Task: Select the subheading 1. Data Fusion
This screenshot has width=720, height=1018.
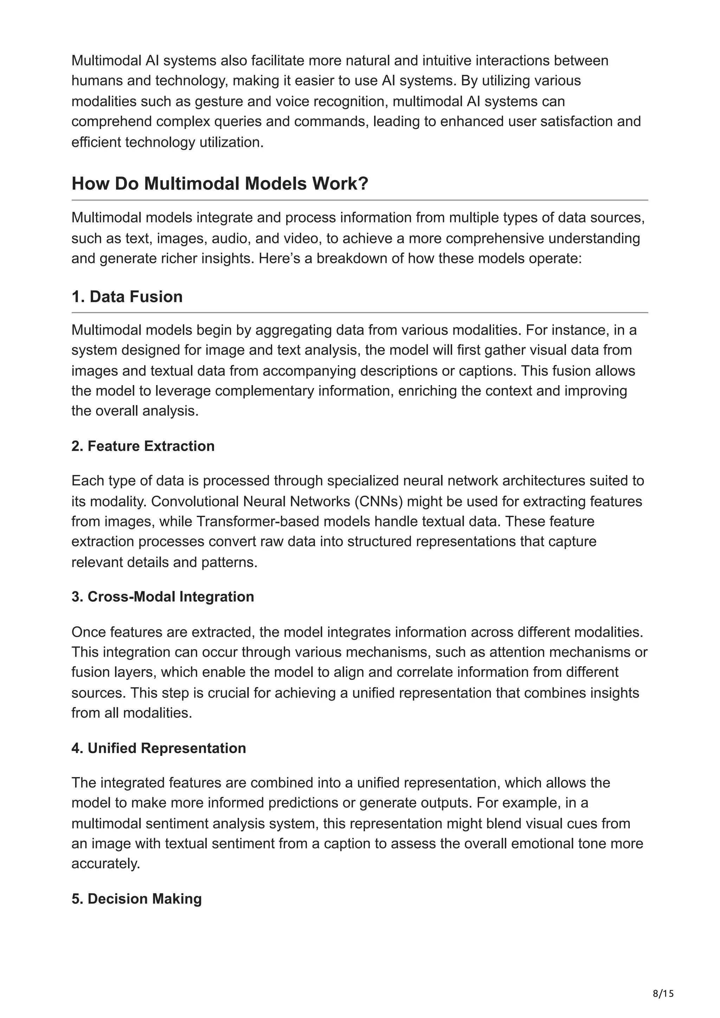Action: pos(127,296)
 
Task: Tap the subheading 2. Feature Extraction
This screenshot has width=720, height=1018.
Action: pos(143,446)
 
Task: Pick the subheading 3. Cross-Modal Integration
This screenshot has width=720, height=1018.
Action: pos(162,597)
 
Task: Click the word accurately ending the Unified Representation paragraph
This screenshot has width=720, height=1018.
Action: pos(105,864)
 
